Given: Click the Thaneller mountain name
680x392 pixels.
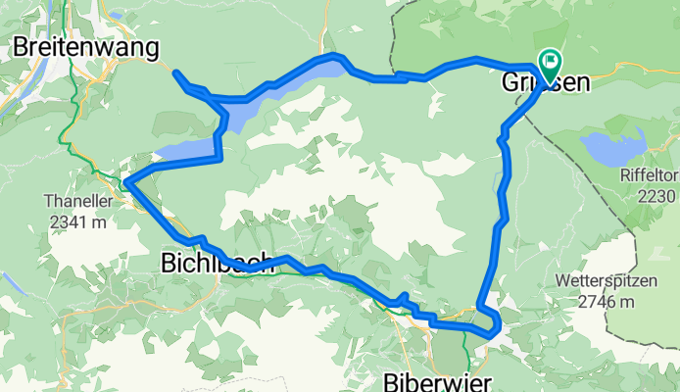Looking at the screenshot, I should [x=71, y=201].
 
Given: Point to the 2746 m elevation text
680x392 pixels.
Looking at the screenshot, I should [x=618, y=301].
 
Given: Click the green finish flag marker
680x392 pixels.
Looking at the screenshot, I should [x=548, y=65].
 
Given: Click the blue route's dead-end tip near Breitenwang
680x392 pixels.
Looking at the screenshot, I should [x=175, y=73].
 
